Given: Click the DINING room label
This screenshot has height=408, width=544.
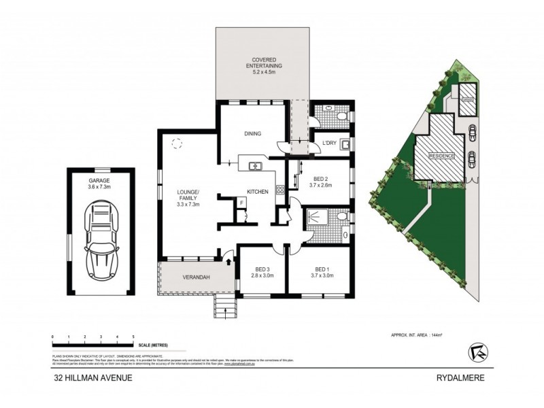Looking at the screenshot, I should pyautogui.click(x=253, y=134).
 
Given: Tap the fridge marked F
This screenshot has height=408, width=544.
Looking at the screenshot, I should pyautogui.click(x=241, y=202).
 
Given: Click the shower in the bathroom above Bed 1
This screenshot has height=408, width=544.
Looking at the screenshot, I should pyautogui.click(x=316, y=218).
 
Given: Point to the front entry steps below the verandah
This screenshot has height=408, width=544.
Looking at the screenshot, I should pyautogui.click(x=224, y=307).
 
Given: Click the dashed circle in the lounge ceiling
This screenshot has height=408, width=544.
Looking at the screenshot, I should pyautogui.click(x=177, y=143).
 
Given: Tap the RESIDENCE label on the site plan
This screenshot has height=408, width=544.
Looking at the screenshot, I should pyautogui.click(x=441, y=156).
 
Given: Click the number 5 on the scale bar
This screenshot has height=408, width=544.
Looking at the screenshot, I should pyautogui.click(x=133, y=337).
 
